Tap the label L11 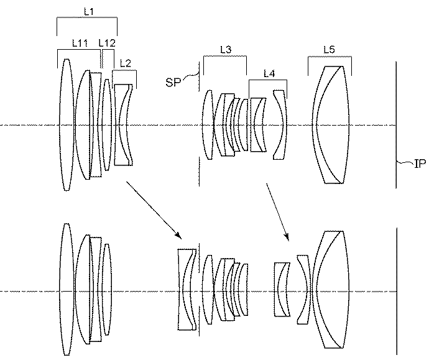click(80, 43)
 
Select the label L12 click(106, 43)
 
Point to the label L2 click(125, 63)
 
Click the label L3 click(225, 48)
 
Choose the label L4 click(269, 73)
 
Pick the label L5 click(330, 48)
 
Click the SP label click(173, 81)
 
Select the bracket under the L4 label click(268, 80)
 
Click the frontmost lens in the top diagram click(66, 126)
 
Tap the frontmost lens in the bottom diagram click(66, 291)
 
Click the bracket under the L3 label click(225, 57)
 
